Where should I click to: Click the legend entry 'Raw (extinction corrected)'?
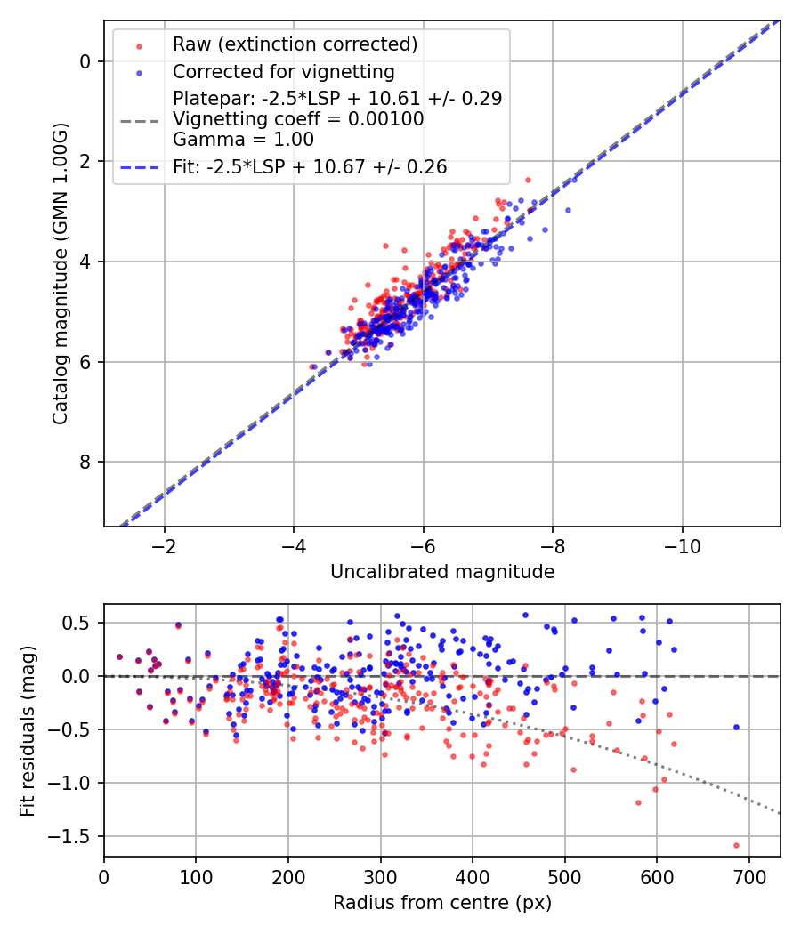295,44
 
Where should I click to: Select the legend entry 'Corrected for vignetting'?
284,71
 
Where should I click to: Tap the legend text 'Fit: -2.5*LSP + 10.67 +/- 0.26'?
310,166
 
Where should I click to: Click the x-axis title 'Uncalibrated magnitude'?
442,572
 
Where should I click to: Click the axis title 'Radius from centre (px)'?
442,903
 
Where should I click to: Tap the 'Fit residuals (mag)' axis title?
27,730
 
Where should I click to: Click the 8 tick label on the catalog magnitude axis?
86,462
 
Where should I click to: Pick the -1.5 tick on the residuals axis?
77,837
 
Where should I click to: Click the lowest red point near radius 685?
736,845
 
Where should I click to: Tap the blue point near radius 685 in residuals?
736,727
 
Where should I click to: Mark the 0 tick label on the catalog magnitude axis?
86,61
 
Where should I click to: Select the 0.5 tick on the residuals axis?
81,623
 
